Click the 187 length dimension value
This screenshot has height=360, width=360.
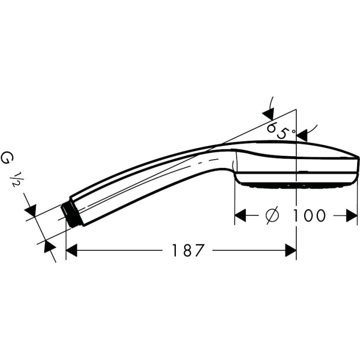click(x=188, y=251)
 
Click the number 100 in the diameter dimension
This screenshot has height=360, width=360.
click(x=310, y=216)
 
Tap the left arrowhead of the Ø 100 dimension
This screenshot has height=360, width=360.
click(x=240, y=216)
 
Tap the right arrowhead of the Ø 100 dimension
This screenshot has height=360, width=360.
click(x=352, y=216)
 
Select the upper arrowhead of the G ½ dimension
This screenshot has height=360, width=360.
click(x=31, y=211)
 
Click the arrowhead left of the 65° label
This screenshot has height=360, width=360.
click(x=268, y=114)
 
